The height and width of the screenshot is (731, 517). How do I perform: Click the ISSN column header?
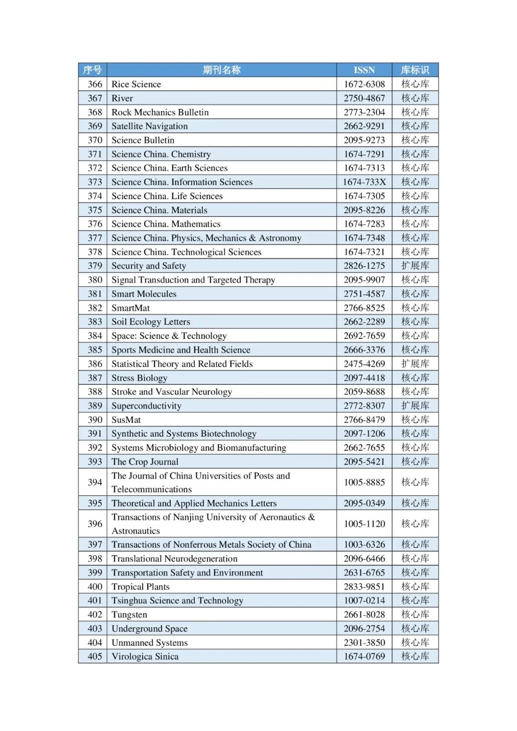point(364,70)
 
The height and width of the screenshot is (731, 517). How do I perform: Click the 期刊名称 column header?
point(221,70)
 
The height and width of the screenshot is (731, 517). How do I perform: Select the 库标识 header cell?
point(415,70)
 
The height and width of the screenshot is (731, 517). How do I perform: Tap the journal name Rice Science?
point(136,84)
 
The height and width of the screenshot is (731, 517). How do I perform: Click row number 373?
point(95,182)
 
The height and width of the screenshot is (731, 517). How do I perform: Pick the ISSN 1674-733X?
point(364,182)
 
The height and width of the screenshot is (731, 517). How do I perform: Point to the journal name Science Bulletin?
point(143,140)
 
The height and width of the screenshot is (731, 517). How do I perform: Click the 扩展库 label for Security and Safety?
point(415,266)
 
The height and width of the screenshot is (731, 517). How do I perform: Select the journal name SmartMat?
point(131,308)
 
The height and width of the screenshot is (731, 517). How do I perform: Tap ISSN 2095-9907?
point(364,280)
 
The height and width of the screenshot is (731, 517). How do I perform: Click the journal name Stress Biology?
point(139,378)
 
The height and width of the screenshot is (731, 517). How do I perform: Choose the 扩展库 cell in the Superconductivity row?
point(415,405)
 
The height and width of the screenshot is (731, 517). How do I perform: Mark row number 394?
point(95,482)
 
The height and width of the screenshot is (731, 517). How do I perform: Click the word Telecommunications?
point(151,489)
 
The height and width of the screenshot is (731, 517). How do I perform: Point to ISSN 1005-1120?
point(364,524)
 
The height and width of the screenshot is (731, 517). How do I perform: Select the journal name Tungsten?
point(129,615)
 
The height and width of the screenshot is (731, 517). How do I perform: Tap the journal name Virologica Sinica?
point(145,656)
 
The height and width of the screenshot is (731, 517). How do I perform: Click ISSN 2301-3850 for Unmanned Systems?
point(364,642)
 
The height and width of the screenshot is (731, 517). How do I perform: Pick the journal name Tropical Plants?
point(140,587)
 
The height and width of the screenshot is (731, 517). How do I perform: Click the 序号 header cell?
point(92,70)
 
